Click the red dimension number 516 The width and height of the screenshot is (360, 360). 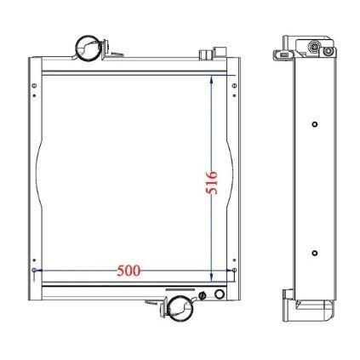[x=212, y=182]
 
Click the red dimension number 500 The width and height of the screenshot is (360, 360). [x=128, y=271]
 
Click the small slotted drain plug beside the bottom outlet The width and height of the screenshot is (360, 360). [x=203, y=296]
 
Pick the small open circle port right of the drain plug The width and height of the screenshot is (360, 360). [x=220, y=295]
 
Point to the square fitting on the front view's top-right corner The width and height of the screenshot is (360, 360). [x=206, y=54]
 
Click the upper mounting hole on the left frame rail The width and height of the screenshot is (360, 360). [x=34, y=84]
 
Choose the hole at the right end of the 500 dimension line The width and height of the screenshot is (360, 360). [x=234, y=271]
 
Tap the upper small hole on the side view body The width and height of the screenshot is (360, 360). [x=315, y=126]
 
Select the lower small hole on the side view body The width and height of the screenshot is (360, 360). [x=315, y=253]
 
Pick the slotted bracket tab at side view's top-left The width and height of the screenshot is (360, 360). [x=283, y=56]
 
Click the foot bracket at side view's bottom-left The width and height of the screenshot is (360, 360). [x=286, y=297]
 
